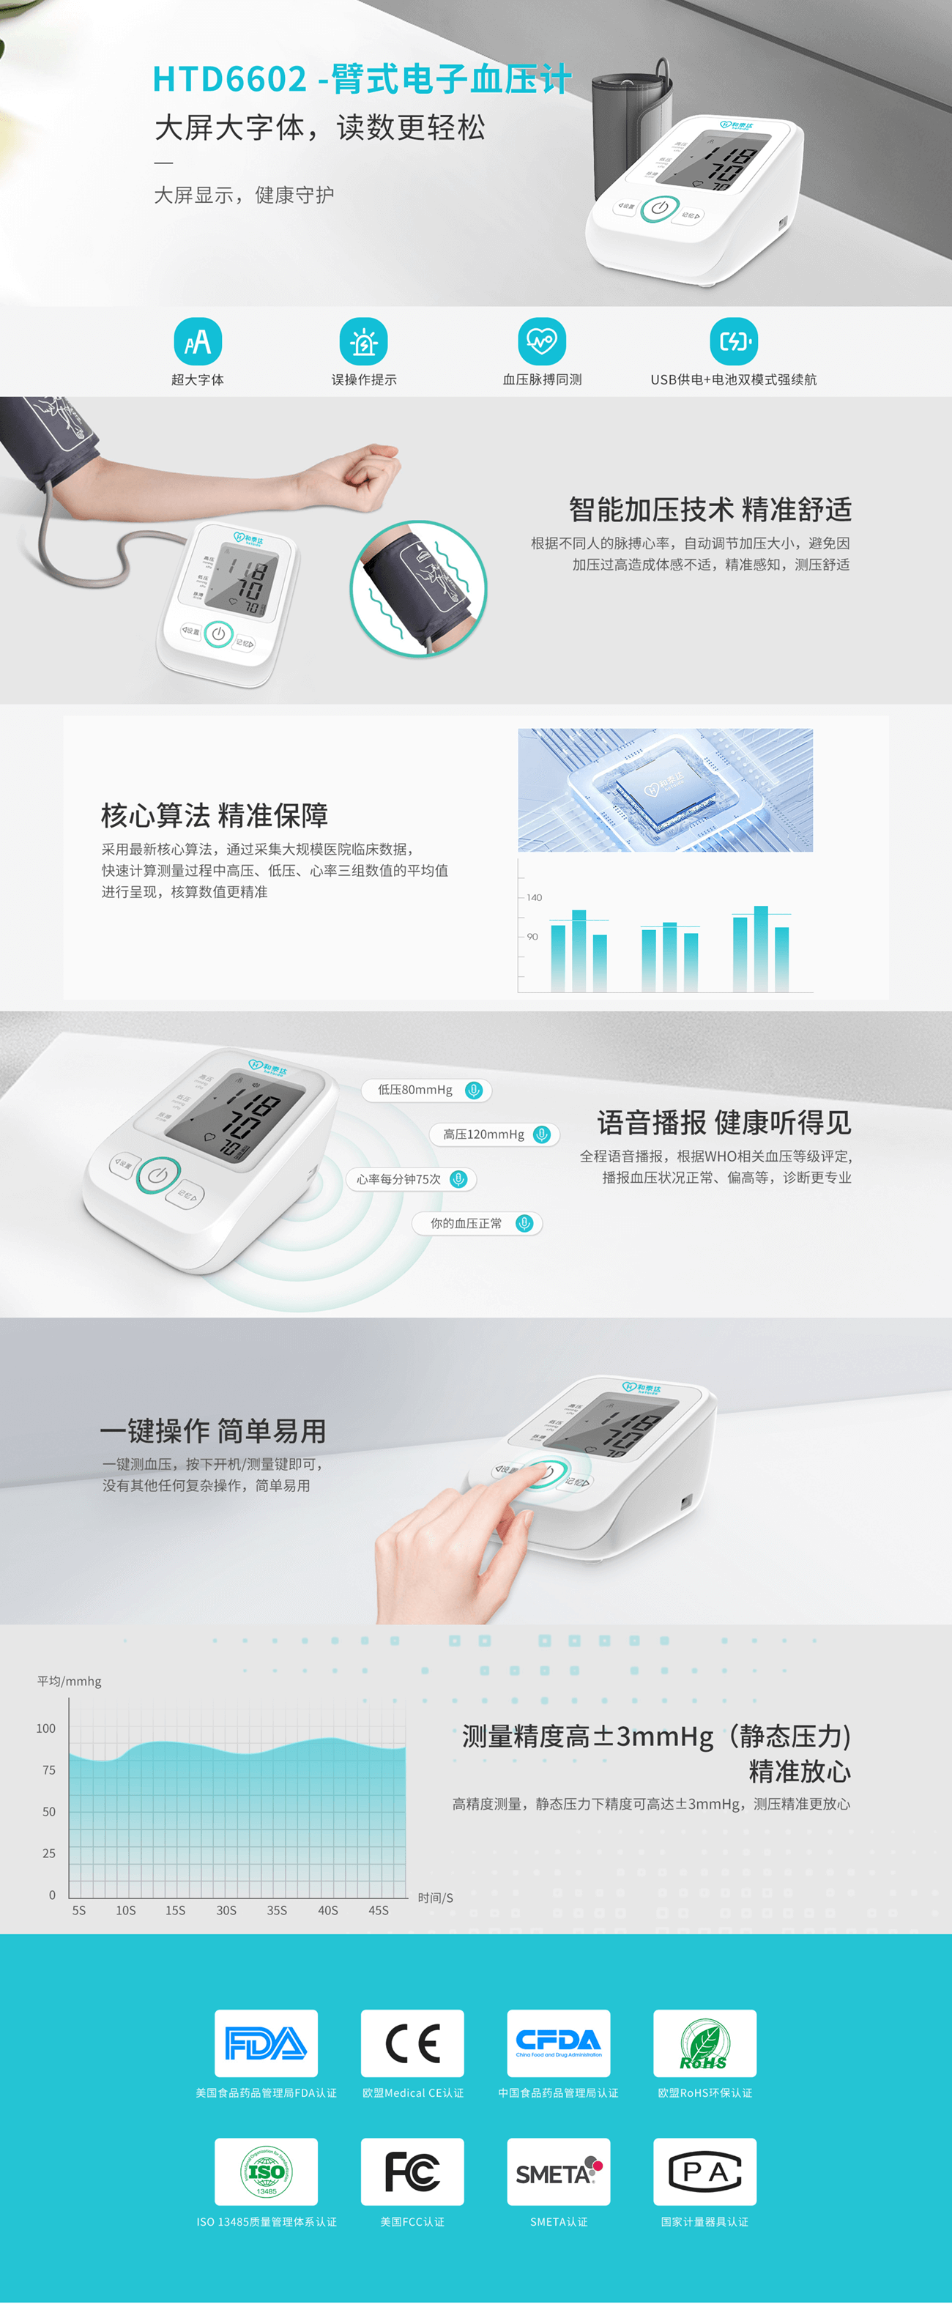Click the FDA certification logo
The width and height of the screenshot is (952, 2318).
267,2043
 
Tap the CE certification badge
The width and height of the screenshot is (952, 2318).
412,2043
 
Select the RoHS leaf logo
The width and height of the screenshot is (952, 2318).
704,2043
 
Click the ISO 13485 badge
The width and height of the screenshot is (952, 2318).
267,2172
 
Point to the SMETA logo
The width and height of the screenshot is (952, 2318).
559,2172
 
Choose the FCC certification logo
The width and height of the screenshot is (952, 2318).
412,2172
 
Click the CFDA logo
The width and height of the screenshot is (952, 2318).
559,2043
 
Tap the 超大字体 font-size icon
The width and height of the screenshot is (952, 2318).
198,342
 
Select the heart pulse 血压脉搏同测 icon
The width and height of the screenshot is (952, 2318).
542,342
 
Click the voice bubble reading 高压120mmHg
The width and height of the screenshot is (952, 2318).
494,1134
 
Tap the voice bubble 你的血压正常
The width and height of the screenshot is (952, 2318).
477,1224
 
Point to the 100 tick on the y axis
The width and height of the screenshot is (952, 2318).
46,1728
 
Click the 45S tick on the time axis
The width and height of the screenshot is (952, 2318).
379,1910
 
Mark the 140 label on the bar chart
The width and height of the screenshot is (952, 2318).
535,897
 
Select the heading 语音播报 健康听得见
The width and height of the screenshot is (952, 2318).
724,1123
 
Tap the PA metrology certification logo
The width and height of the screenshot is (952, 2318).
704,2172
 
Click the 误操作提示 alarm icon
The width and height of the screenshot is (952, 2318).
363,342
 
